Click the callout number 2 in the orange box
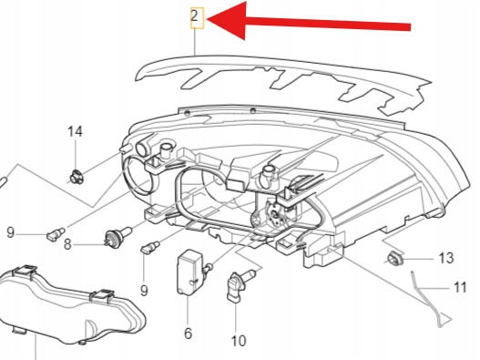(195, 16)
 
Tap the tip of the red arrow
(208, 20)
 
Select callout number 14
(75, 131)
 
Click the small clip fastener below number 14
(76, 177)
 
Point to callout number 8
(67, 245)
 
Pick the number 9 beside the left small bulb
(10, 232)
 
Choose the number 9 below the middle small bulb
(144, 290)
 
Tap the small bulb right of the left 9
(55, 234)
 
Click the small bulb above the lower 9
(150, 248)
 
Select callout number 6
(188, 333)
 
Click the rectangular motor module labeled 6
(189, 273)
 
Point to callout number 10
(239, 341)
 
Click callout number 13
(446, 258)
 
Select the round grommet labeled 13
(395, 258)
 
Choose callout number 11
(459, 288)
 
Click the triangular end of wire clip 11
(444, 319)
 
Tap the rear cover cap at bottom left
(70, 303)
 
